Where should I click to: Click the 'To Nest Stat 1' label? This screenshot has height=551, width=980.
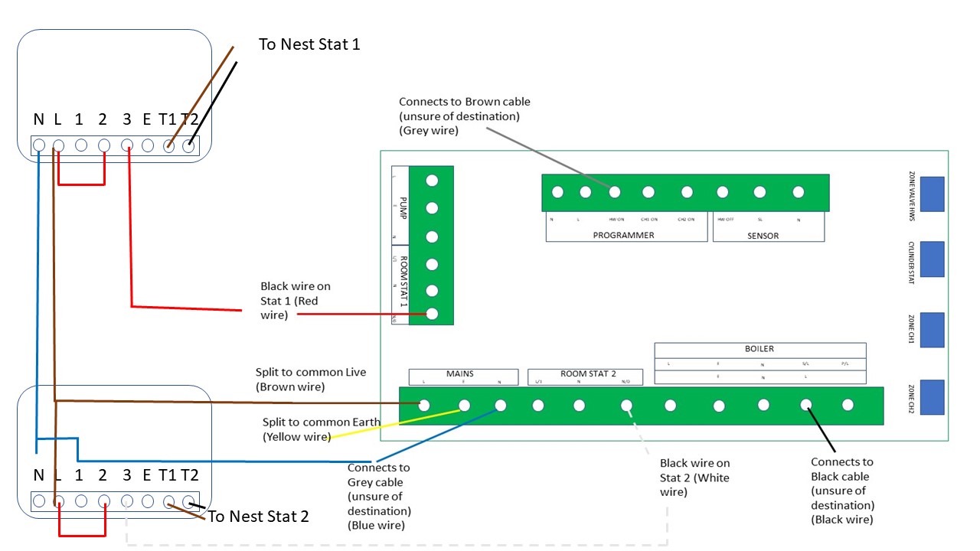pyautogui.click(x=309, y=44)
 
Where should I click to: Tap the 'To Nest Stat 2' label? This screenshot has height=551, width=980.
pyautogui.click(x=258, y=517)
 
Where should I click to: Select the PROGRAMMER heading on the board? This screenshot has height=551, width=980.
pyautogui.click(x=623, y=235)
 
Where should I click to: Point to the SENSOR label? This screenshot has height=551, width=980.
pyautogui.click(x=763, y=235)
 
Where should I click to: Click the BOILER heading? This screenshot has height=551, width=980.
pyautogui.click(x=759, y=349)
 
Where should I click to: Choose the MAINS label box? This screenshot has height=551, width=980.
pyautogui.click(x=459, y=374)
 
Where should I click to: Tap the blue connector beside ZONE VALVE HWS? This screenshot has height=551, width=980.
pyautogui.click(x=932, y=194)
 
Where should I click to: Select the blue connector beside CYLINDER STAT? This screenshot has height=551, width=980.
pyautogui.click(x=932, y=259)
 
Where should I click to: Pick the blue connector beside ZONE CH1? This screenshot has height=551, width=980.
pyautogui.click(x=932, y=330)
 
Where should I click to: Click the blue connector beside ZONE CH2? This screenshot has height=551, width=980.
pyautogui.click(x=932, y=397)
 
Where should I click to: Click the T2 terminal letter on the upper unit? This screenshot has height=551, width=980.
pyautogui.click(x=189, y=119)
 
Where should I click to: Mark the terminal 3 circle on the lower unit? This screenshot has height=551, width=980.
pyautogui.click(x=127, y=501)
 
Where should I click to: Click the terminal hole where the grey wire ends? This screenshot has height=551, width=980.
pyautogui.click(x=614, y=192)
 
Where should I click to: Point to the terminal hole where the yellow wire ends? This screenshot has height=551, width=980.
pyautogui.click(x=464, y=406)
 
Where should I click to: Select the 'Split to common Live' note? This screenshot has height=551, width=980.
pyautogui.click(x=311, y=380)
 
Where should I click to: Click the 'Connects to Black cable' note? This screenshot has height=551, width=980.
pyautogui.click(x=842, y=491)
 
